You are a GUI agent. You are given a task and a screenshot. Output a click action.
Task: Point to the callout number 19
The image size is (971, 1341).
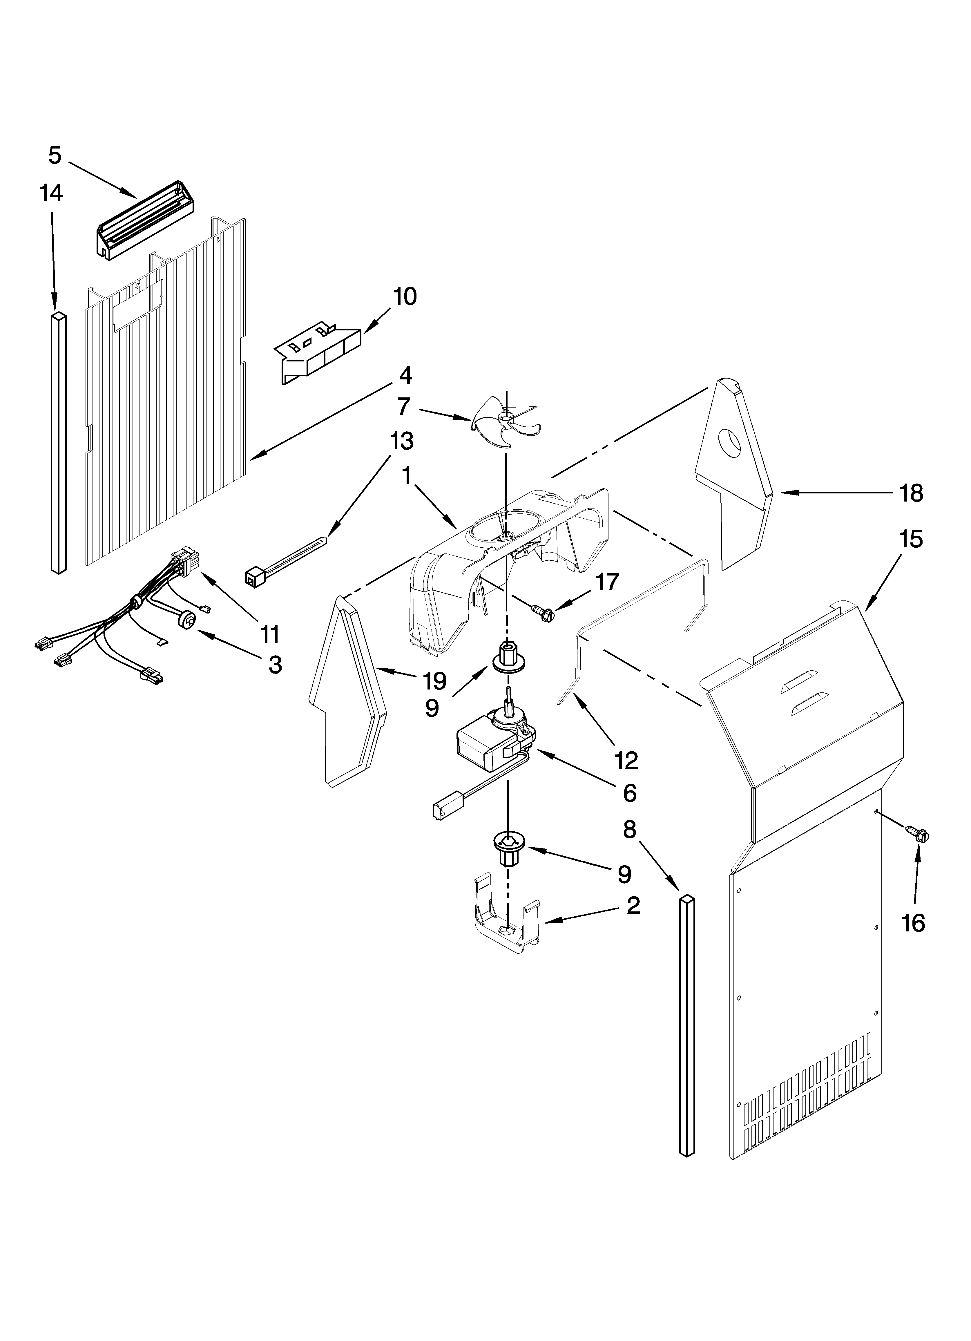pos(435,681)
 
